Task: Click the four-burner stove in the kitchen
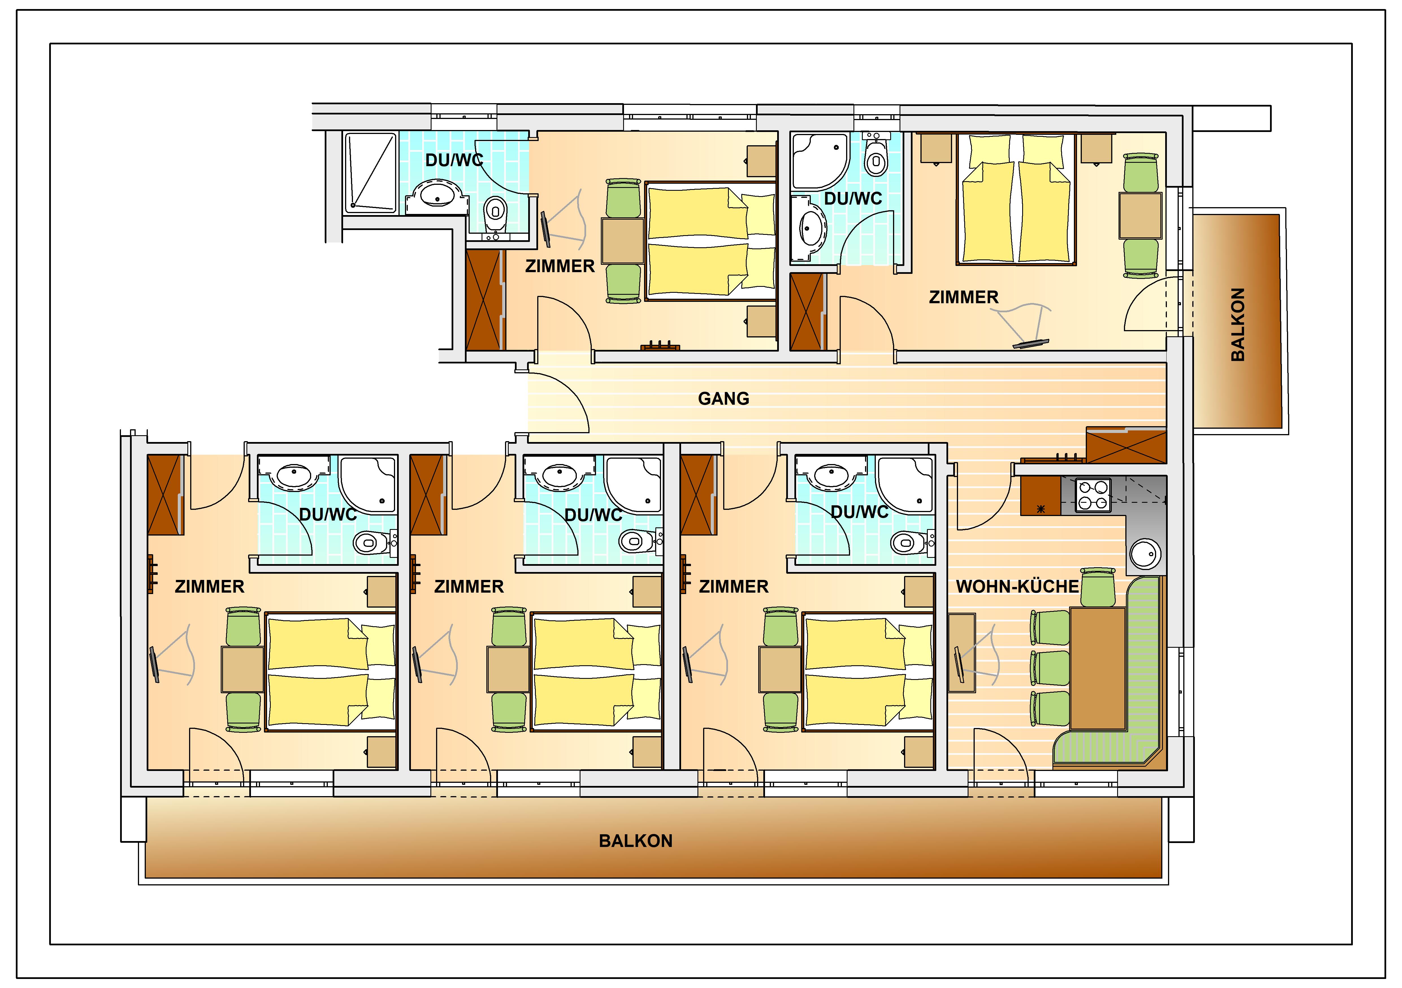point(1093,495)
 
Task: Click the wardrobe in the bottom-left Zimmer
point(166,495)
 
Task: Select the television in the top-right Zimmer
point(1031,344)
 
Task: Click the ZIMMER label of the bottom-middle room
point(469,587)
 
